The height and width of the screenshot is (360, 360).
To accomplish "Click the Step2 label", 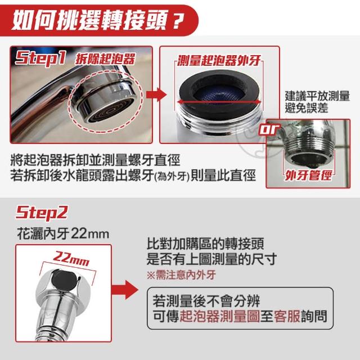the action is coord(41,213).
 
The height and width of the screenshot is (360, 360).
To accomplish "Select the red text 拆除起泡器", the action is coord(105,59).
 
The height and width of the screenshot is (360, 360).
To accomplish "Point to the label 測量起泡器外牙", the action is coord(219,60).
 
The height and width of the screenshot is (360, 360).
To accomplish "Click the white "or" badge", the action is coord(269,129).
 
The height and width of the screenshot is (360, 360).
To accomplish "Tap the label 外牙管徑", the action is coord(308,175).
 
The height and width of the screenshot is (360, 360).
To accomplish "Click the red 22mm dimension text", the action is coord(70,259).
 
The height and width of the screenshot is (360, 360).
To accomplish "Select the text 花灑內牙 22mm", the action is coord(63,234).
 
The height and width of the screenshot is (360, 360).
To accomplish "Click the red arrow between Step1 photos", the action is coord(156,94).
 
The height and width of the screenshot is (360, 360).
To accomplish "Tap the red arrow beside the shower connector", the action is coord(125,290).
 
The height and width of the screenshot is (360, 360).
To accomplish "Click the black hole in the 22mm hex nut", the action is coord(64,280).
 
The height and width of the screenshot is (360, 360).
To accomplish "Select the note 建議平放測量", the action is coord(317,96).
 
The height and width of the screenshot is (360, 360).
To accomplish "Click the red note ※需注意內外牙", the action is coord(181,275).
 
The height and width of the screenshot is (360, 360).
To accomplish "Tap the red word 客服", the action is coord(287,316).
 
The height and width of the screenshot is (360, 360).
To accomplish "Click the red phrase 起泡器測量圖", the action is coord(219,316).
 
